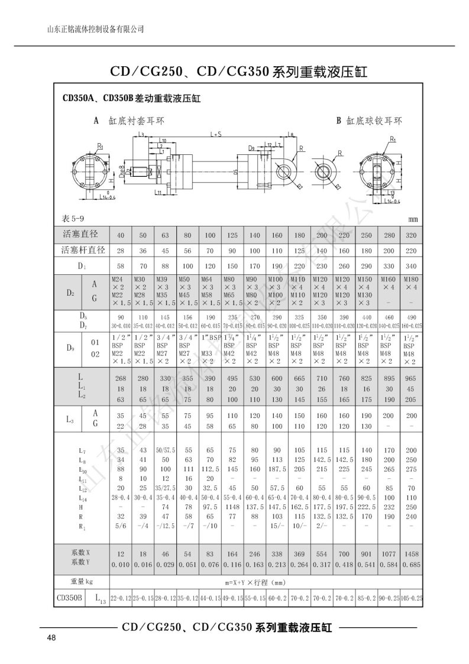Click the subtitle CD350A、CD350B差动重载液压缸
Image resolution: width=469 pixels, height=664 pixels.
point(127,99)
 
